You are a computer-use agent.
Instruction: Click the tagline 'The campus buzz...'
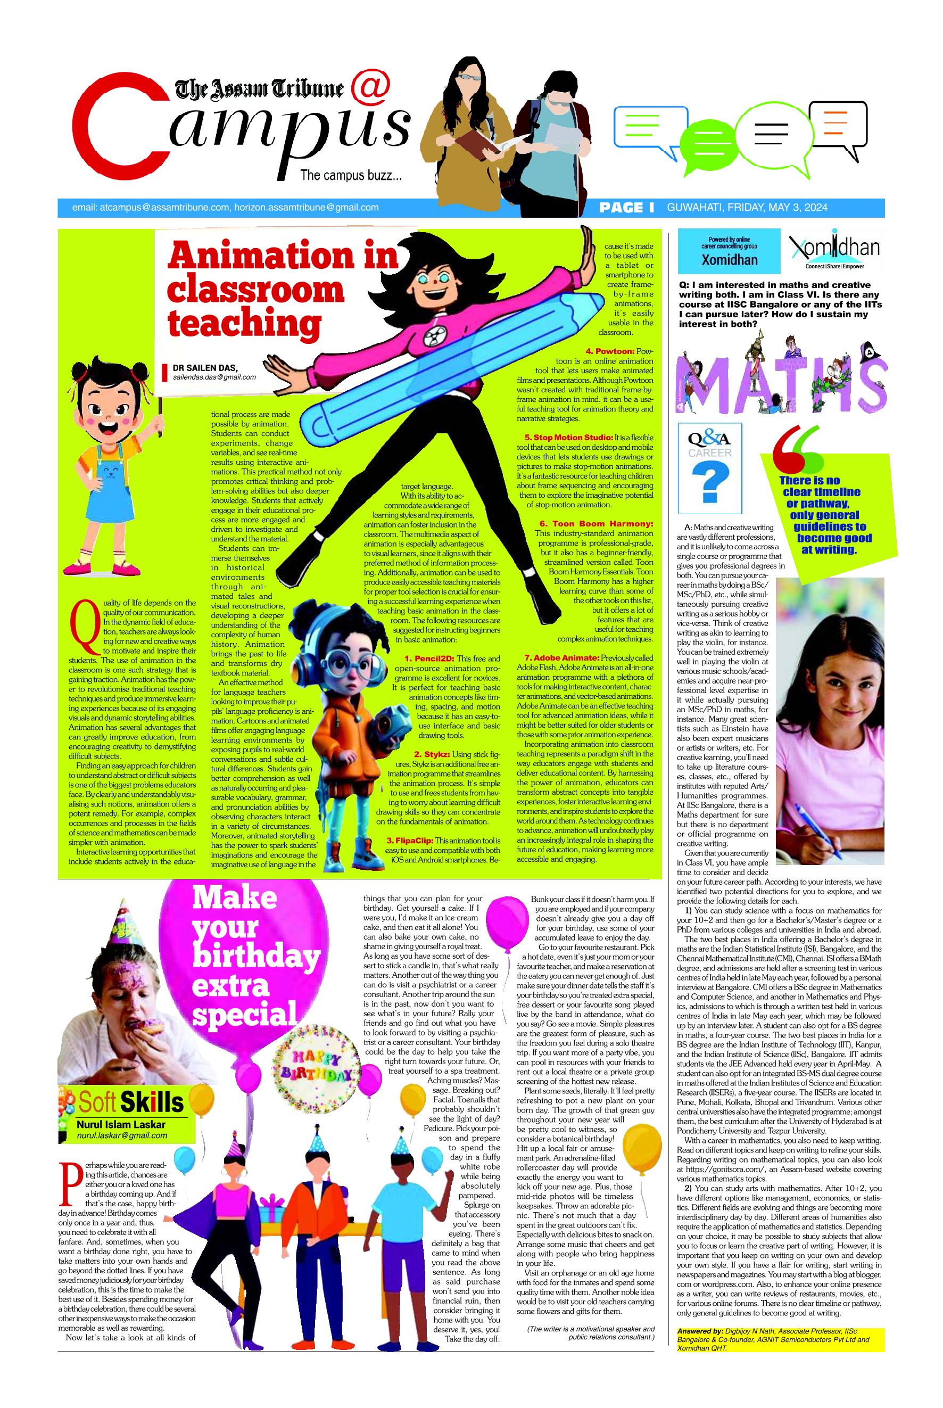[x=351, y=176]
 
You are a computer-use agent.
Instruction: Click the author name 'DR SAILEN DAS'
[x=204, y=367]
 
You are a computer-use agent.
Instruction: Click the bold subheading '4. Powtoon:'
[x=609, y=351]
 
